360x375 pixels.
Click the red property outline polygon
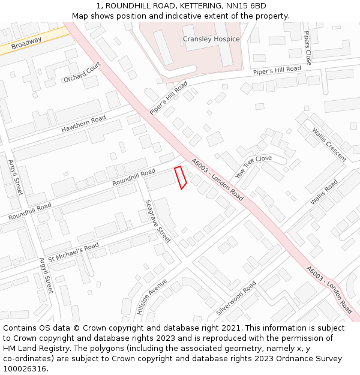[x=180, y=178]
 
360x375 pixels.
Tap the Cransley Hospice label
[x=211, y=39]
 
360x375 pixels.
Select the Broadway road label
[x=26, y=43]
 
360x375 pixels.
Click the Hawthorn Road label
[x=83, y=124]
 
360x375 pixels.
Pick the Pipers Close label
[x=308, y=48]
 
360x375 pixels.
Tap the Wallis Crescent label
[x=329, y=145]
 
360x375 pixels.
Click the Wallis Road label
[x=324, y=192]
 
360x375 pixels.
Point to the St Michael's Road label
[x=73, y=253]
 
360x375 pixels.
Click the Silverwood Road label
[x=236, y=298]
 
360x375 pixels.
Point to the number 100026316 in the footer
[x=25, y=369]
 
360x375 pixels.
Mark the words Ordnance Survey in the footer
[x=313, y=359]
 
